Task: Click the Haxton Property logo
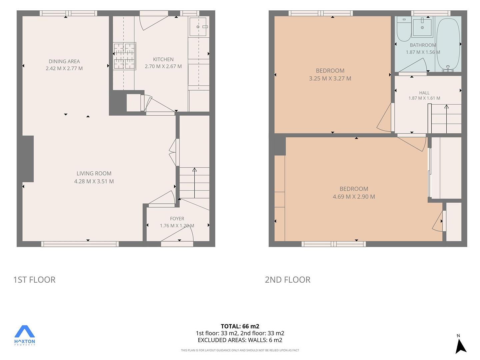24,335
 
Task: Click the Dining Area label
64,61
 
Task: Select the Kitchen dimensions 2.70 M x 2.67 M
163,66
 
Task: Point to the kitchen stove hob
124,56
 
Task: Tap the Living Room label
94,173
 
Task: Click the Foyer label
177,219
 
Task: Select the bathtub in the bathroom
448,45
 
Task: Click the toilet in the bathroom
404,29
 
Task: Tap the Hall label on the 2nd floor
424,93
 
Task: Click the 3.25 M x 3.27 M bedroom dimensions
330,78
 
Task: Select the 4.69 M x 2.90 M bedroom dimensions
354,197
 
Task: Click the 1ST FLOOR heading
34,280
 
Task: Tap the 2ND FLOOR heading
287,280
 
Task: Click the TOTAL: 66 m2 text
240,326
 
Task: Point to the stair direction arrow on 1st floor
194,183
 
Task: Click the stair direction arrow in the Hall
446,119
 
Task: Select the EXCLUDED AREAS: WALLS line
240,340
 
